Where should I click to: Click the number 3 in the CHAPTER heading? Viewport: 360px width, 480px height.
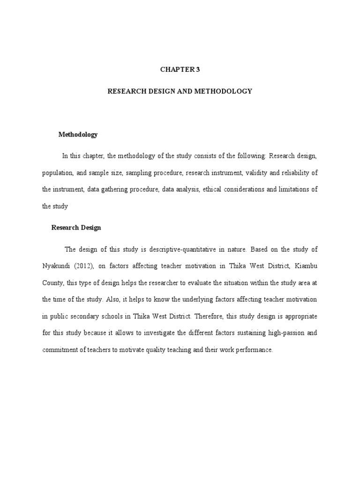click(198, 69)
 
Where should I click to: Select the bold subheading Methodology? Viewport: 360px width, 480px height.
click(78, 135)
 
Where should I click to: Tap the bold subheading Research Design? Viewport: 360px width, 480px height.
click(76, 228)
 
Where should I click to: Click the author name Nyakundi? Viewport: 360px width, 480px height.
click(57, 266)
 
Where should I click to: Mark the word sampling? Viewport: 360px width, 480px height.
click(136, 172)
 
